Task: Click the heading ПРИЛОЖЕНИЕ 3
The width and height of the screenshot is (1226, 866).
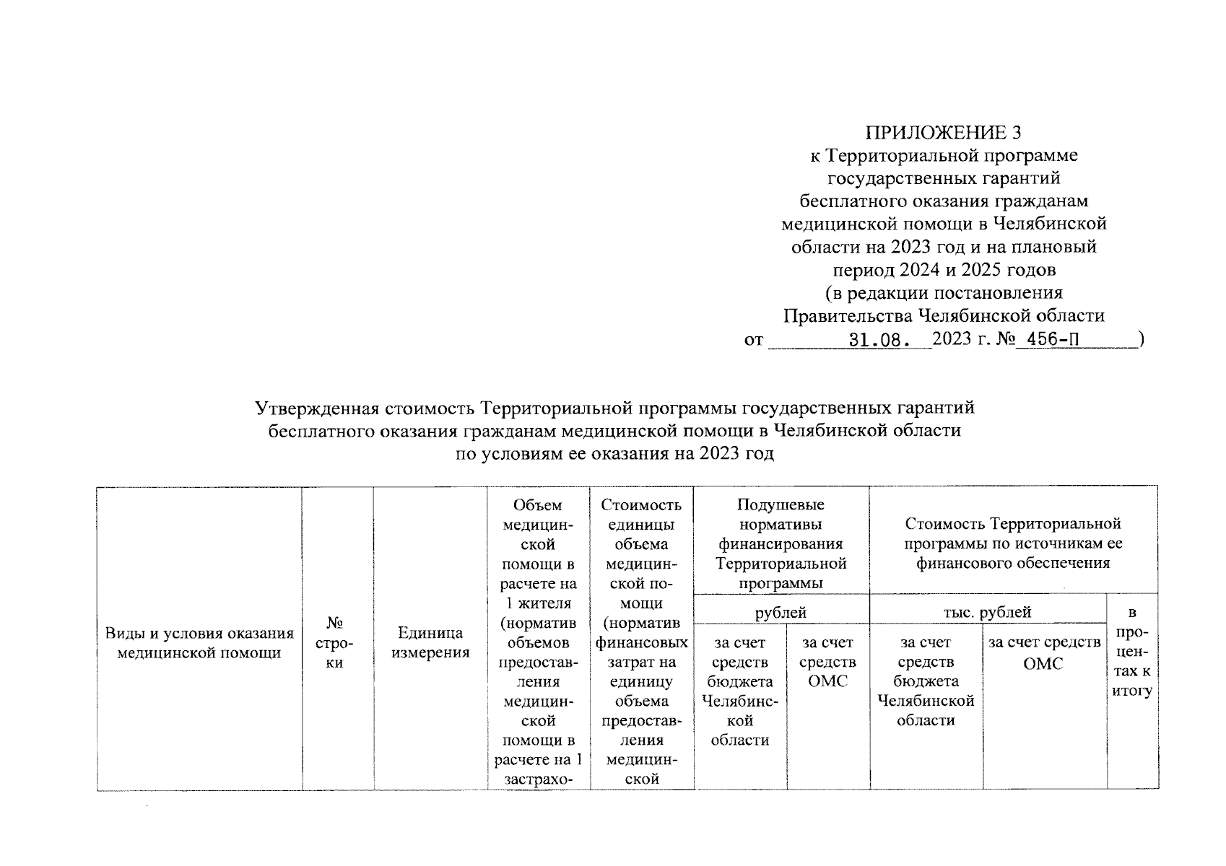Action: pos(944,132)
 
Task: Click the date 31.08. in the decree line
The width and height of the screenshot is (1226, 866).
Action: pos(877,340)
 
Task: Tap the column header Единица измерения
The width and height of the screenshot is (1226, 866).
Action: pos(430,643)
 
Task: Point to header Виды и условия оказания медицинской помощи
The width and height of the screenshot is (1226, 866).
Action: pos(200,643)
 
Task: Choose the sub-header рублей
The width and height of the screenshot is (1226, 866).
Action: pos(781,613)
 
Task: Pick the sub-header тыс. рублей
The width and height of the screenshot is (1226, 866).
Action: pos(987,613)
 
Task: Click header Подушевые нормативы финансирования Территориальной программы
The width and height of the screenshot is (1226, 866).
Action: pos(781,543)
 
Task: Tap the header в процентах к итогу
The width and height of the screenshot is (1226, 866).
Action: pos(1132,652)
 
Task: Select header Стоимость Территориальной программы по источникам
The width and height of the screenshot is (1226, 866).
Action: pos(1013,543)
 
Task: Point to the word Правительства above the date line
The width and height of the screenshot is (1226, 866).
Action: pos(848,316)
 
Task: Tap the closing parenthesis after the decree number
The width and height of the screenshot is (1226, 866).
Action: pos(1139,339)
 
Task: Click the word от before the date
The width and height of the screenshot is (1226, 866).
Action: pos(754,340)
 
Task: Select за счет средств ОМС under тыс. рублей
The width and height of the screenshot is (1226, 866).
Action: pos(1043,652)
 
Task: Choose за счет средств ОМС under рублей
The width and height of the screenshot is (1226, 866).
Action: pos(827,662)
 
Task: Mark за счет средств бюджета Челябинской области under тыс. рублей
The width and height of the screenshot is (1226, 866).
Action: pos(926,681)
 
